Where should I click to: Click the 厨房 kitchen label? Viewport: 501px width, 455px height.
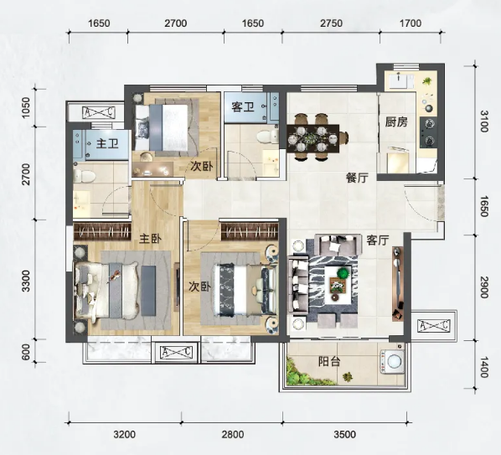click(396, 122)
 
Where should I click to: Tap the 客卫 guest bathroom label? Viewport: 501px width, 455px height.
click(243, 106)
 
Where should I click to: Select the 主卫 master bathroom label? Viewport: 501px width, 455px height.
click(107, 143)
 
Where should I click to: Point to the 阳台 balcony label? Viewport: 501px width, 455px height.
click(329, 362)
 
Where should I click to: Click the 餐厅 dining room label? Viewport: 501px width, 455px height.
click(358, 178)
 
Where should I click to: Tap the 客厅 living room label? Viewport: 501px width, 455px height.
click(378, 240)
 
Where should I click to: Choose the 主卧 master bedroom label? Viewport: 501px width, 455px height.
click(150, 238)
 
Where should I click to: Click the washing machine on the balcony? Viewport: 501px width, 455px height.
click(392, 362)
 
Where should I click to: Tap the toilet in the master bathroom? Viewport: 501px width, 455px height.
click(84, 176)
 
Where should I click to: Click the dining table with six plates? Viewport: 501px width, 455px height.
click(312, 138)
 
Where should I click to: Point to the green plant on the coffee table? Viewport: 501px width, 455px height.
click(343, 273)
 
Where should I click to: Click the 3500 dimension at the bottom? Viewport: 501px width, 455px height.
click(344, 435)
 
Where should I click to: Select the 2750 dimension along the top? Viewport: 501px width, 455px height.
click(331, 23)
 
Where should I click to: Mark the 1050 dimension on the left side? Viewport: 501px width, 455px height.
click(25, 107)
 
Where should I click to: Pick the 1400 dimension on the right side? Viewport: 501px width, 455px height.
click(484, 368)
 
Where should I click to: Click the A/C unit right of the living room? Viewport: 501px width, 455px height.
click(434, 325)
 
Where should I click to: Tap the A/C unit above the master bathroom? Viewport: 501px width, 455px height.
click(98, 112)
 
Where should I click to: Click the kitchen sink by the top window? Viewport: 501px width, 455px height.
click(400, 80)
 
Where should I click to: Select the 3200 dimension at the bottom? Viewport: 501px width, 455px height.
click(125, 435)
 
